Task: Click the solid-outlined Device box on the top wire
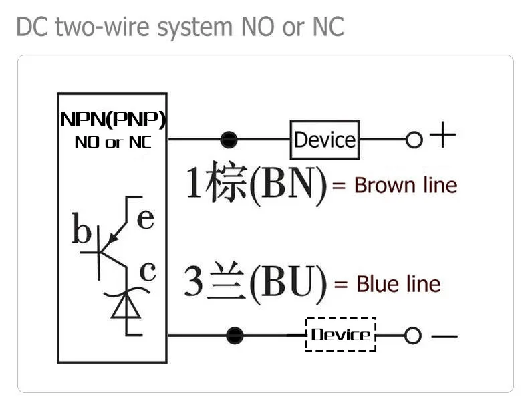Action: coord(324,140)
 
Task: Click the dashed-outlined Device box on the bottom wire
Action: coord(341,334)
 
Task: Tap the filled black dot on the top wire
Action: coord(229,140)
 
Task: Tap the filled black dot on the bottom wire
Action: coord(235,335)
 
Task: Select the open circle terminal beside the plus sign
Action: coord(414,140)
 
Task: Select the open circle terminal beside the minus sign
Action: coord(413,336)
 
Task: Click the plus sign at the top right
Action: coord(442,137)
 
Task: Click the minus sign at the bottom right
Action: coord(444,336)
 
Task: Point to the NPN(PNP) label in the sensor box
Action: coord(112,120)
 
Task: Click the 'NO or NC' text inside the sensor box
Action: coord(112,142)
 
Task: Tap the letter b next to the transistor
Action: coord(82,231)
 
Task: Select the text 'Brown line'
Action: coord(406,185)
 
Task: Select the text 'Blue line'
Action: coord(398,284)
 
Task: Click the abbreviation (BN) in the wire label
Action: coord(288,184)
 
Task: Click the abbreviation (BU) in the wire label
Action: coord(288,283)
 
